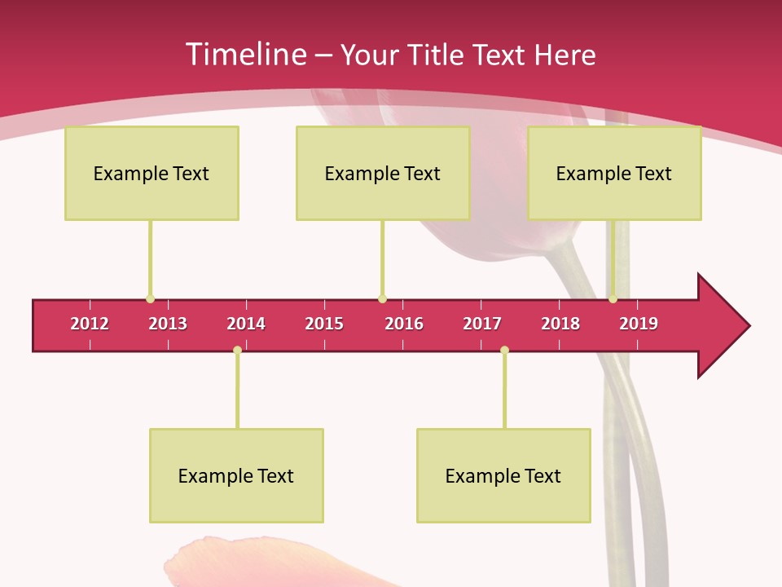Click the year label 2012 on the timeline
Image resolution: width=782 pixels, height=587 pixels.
90,324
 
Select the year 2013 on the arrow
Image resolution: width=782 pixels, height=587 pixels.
168,324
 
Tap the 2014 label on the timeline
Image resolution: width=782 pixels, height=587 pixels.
246,324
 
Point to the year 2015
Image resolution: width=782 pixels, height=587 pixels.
324,324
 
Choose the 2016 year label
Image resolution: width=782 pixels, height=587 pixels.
404,324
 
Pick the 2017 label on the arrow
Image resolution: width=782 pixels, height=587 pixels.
482,324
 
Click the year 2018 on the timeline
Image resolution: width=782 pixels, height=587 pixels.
560,324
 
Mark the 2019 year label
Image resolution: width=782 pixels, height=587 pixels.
639,324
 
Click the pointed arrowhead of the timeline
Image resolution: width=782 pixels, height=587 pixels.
725,326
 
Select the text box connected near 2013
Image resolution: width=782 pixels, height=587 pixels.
152,173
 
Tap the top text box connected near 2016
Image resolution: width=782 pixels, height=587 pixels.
383,173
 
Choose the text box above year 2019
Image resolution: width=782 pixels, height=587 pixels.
614,173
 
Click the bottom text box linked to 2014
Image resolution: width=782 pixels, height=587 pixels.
236,475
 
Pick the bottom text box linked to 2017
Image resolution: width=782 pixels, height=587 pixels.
503,475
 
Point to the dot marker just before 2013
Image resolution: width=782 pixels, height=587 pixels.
150,298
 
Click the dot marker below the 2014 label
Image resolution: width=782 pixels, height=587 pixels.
237,350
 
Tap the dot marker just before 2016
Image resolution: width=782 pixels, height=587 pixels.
382,298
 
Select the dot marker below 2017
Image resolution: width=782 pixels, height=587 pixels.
504,350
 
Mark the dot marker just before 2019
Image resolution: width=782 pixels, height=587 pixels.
613,298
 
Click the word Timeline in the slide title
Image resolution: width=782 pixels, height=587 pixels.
244,55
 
